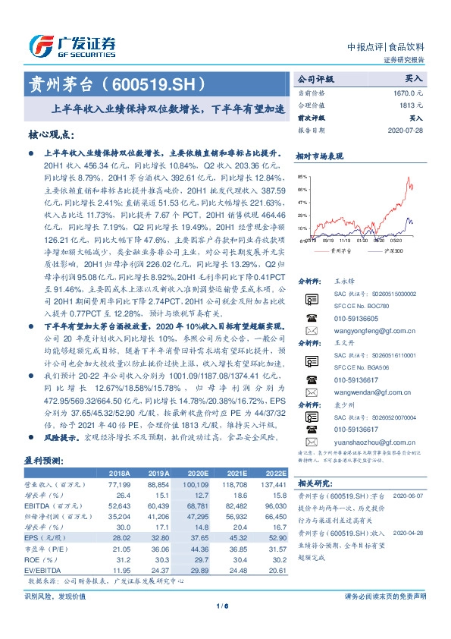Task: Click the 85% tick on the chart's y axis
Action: pos(303,175)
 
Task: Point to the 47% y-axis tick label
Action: pos(303,202)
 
